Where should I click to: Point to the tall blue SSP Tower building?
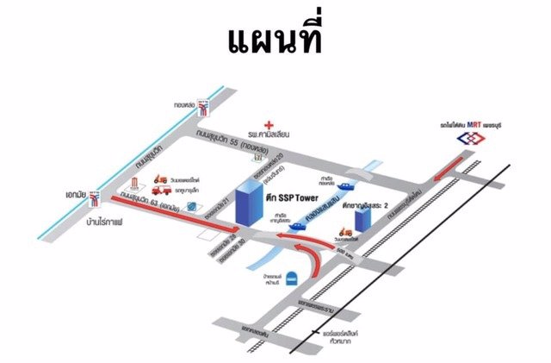(248, 206)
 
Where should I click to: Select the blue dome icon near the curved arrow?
(293, 278)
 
